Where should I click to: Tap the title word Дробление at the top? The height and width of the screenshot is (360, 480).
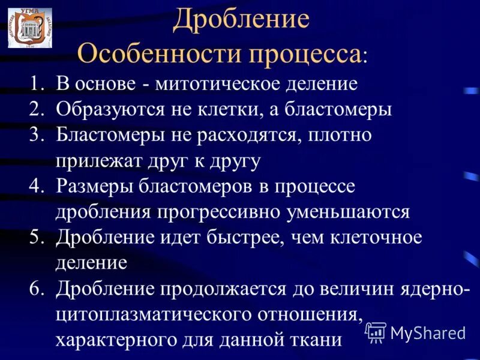[x=241, y=20]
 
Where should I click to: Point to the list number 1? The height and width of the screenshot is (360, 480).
[x=37, y=83]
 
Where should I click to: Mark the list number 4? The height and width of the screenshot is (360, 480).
[x=37, y=187]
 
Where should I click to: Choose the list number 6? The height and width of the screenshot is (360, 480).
[x=37, y=289]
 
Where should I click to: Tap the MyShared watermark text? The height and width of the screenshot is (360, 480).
[x=428, y=332]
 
